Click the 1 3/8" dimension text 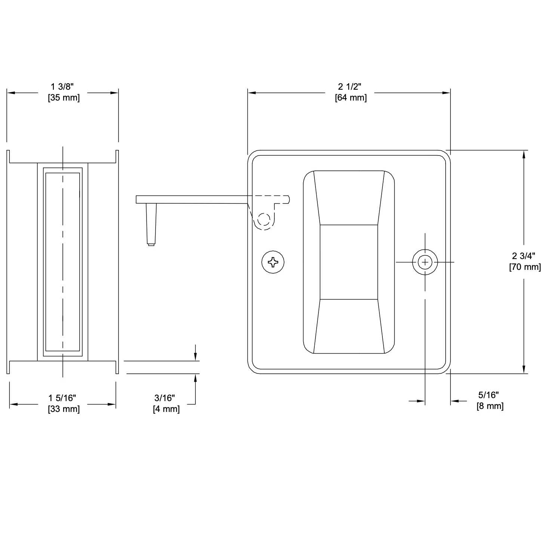(x=62, y=87)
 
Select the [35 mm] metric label (x=64, y=98)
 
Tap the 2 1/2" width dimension (x=350, y=87)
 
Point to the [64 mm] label (x=351, y=98)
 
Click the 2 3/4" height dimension (x=523, y=256)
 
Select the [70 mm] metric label (x=525, y=267)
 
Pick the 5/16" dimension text (x=489, y=395)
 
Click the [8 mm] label (x=490, y=406)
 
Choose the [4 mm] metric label (x=166, y=409)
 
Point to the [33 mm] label (x=64, y=409)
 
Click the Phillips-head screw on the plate (x=273, y=262)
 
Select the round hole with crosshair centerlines (x=425, y=262)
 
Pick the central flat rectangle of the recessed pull (x=349, y=262)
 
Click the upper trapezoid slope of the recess (x=349, y=198)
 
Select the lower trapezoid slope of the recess (x=349, y=326)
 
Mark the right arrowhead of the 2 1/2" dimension (x=446, y=93)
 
